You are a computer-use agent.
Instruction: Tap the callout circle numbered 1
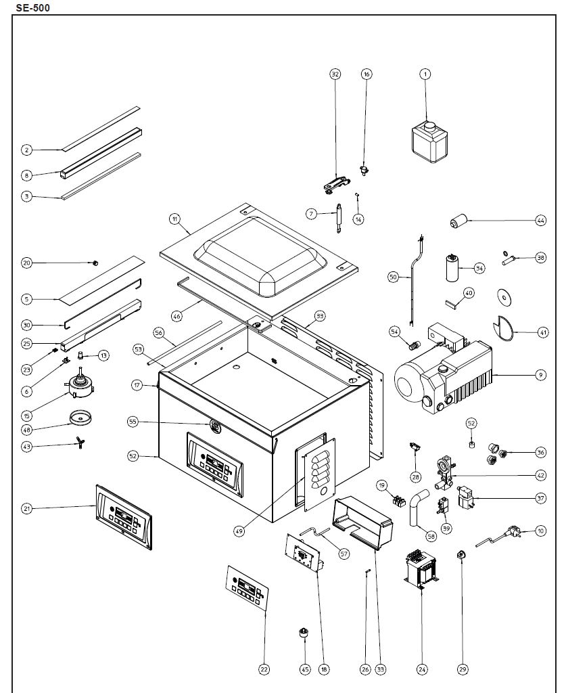tap(425, 74)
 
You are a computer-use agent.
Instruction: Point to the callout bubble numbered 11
tap(174, 219)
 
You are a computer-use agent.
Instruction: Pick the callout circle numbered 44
tap(540, 221)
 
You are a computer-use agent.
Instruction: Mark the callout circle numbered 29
tap(463, 669)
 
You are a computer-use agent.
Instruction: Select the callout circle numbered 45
tap(304, 669)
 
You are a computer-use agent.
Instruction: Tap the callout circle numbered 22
tap(264, 669)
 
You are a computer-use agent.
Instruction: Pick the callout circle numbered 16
tap(367, 74)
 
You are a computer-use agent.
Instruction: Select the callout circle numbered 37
tap(540, 499)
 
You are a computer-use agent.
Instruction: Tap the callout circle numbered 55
tap(133, 421)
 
